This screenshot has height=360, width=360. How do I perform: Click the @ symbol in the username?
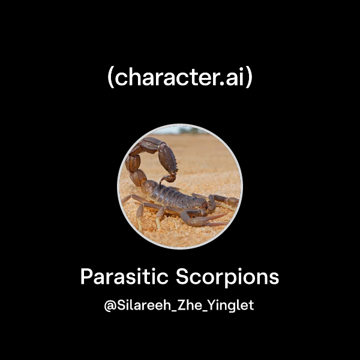pyautogui.click(x=110, y=305)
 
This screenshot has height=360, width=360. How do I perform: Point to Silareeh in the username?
pyautogui.click(x=140, y=305)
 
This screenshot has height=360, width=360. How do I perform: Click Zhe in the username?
pyautogui.click(x=188, y=305)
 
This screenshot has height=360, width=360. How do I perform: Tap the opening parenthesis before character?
pyautogui.click(x=110, y=79)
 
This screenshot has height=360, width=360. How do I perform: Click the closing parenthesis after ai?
pyautogui.click(x=250, y=79)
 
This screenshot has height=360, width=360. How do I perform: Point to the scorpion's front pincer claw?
pyautogui.click(x=231, y=200)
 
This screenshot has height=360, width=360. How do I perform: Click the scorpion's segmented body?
pyautogui.click(x=177, y=196)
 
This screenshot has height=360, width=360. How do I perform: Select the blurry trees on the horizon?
pyautogui.click(x=180, y=130)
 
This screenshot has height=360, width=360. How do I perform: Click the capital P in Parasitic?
pyautogui.click(x=86, y=277)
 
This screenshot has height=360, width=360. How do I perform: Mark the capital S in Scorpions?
pyautogui.click(x=183, y=277)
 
